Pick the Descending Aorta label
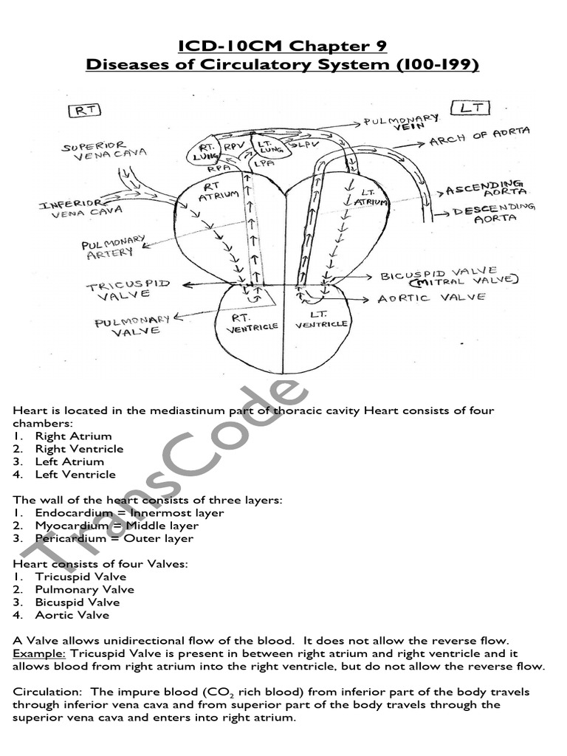pyautogui.click(x=492, y=213)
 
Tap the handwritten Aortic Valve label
pyautogui.click(x=431, y=298)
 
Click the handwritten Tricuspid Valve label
pyautogui.click(x=128, y=289)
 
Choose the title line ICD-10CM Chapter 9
pyautogui.click(x=283, y=48)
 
